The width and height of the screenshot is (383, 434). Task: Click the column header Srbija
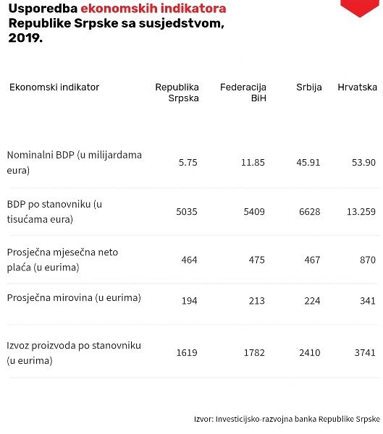[308, 88]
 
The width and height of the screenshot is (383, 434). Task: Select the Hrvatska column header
[357, 88]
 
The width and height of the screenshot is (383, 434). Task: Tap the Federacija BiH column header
[243, 93]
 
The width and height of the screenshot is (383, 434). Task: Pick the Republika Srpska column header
[177, 93]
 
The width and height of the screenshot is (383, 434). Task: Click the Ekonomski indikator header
[54, 88]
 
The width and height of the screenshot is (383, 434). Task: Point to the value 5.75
[188, 162]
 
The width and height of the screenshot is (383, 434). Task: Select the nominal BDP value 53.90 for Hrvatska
[363, 162]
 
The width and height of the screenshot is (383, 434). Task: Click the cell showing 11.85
[253, 162]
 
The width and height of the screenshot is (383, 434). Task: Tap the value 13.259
[361, 212]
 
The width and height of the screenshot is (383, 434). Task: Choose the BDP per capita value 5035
[187, 212]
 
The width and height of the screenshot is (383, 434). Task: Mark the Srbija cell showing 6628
[310, 212]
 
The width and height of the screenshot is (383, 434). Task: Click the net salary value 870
[368, 260]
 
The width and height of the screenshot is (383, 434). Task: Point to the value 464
[189, 260]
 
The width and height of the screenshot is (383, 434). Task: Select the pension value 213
[256, 301]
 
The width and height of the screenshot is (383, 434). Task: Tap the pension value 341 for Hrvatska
[368, 301]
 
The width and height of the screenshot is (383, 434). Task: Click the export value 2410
[310, 353]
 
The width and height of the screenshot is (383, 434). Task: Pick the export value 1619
[187, 353]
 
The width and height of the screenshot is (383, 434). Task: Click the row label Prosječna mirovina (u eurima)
[74, 298]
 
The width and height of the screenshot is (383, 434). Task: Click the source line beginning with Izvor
[287, 419]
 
